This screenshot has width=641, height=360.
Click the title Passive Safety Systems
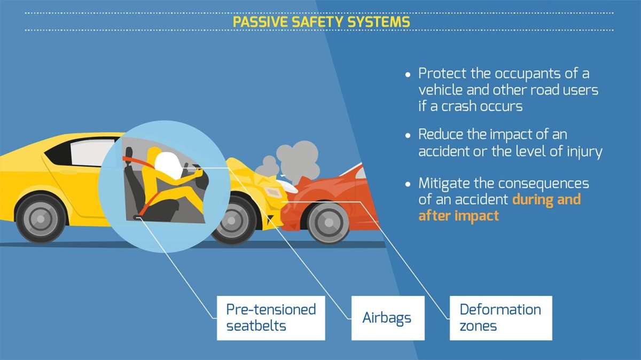[x=321, y=22]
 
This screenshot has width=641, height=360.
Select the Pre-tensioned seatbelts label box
[x=271, y=317]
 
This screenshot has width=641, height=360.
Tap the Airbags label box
[x=387, y=318]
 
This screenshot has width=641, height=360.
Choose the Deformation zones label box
[x=500, y=317]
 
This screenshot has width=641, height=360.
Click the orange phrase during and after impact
[x=499, y=207]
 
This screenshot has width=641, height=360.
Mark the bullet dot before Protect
[x=409, y=74]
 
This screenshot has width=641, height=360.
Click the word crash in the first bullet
[x=463, y=105]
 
